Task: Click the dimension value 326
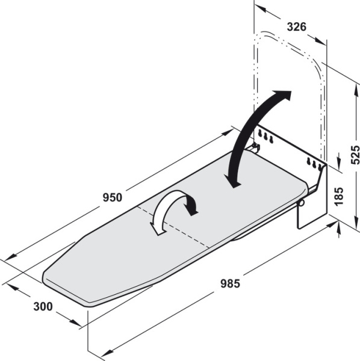click(296, 26)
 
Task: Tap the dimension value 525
click(355, 155)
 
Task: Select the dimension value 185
click(338, 196)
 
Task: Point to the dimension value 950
click(112, 197)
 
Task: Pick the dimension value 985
click(230, 283)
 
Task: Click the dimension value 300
click(43, 306)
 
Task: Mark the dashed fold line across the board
click(173, 227)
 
